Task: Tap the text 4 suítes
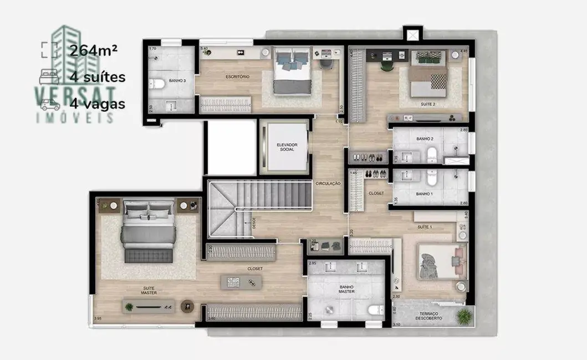[98, 77]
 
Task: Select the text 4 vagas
[98, 104]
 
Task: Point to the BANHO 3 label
[177, 81]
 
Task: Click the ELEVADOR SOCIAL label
[287, 147]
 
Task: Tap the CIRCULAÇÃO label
[328, 183]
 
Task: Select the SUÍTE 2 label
[428, 104]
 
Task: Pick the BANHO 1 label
[424, 194]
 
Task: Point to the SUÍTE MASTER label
[149, 290]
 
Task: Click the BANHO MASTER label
[347, 289]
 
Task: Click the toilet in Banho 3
[158, 84]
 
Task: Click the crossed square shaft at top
[412, 35]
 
